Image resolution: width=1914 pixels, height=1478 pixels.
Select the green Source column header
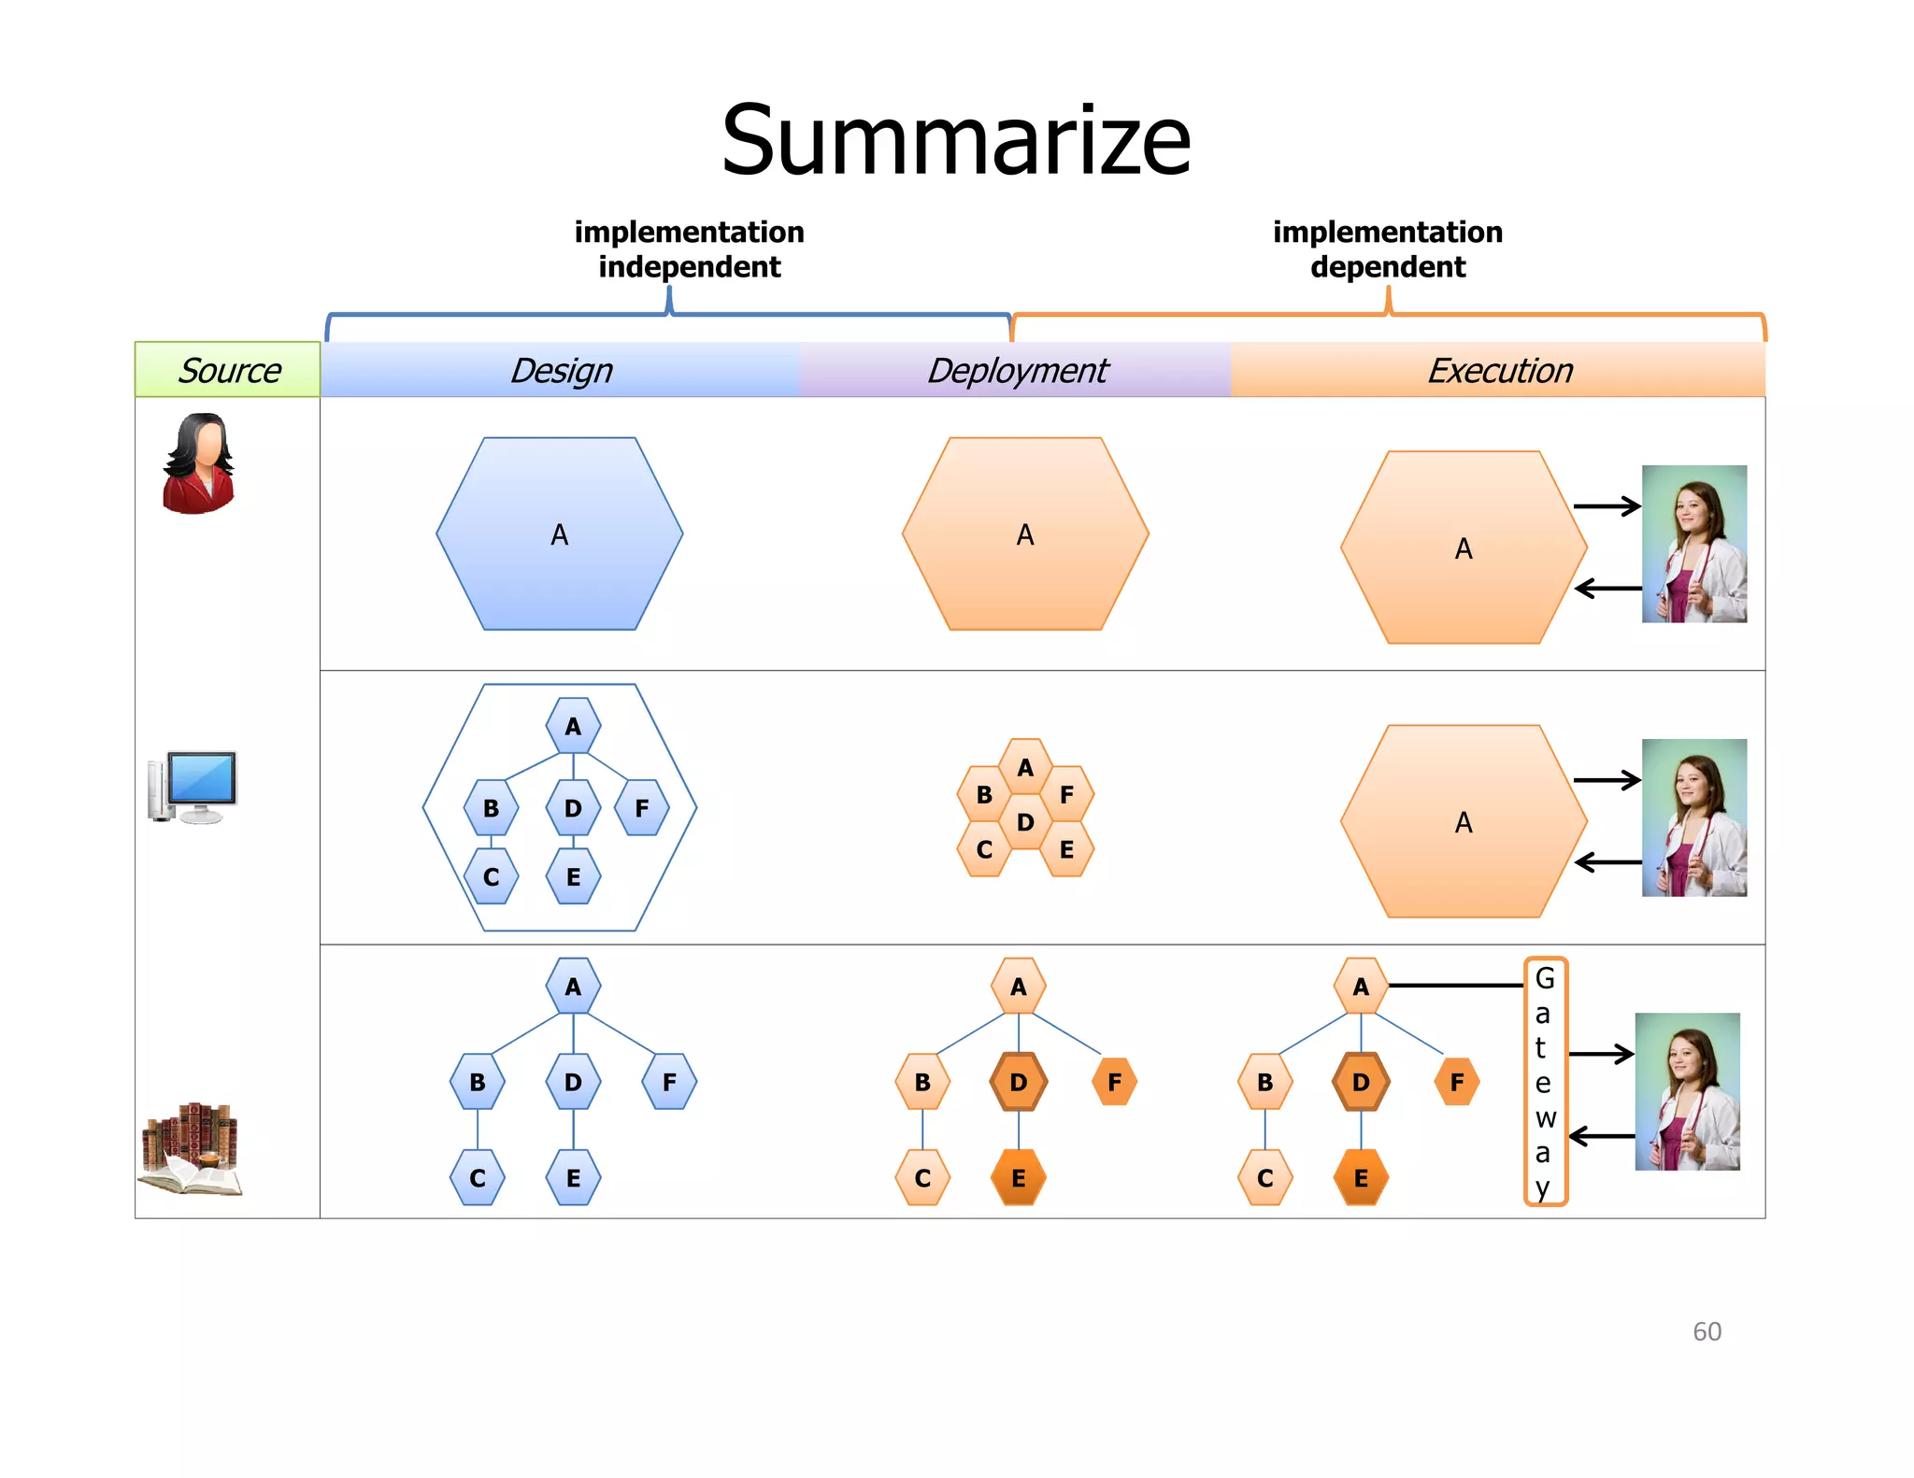click(x=228, y=370)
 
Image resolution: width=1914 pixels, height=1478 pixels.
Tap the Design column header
click(x=561, y=370)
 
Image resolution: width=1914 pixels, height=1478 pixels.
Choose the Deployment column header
click(x=1017, y=370)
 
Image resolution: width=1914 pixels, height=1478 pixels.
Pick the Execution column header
click(x=1499, y=370)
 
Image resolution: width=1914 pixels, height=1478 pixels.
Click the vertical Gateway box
click(x=1545, y=1082)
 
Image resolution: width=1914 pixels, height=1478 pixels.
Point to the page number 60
click(x=1707, y=1331)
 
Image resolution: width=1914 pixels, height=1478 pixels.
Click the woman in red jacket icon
click(x=198, y=463)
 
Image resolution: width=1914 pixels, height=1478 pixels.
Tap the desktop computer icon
click(x=193, y=787)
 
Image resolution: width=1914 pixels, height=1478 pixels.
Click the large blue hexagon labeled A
click(x=559, y=534)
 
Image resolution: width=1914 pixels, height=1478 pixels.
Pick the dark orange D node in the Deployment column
click(x=1018, y=1082)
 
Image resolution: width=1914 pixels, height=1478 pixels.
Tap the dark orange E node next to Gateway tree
click(x=1361, y=1178)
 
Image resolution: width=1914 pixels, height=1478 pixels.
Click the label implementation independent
click(x=689, y=249)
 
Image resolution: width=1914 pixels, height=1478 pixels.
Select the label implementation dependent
click(x=1388, y=249)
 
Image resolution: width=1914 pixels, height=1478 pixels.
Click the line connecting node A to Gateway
click(x=1455, y=986)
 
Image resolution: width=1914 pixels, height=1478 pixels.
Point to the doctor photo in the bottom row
click(x=1687, y=1091)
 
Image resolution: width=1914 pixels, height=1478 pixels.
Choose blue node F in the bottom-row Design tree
click(x=669, y=1082)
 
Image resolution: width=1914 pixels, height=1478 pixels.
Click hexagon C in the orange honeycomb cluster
click(x=984, y=849)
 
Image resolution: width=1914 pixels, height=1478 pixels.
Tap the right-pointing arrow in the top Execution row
click(x=1607, y=506)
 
